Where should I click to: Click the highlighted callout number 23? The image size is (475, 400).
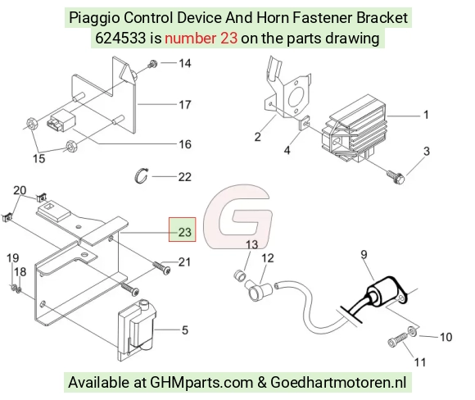[184, 232]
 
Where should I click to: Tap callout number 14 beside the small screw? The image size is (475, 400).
[185, 63]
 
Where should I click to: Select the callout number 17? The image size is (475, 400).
[185, 105]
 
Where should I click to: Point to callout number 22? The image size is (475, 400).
[184, 177]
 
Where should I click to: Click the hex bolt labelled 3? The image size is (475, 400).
[396, 176]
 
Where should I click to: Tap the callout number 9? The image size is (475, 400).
[364, 255]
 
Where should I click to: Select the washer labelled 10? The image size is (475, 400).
[412, 330]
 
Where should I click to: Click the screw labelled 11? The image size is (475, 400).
[398, 339]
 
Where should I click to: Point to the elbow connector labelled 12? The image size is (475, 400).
[260, 289]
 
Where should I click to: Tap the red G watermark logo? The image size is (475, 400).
[237, 216]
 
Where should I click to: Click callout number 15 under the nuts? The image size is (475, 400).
[38, 158]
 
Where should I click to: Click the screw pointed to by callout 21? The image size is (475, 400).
[161, 268]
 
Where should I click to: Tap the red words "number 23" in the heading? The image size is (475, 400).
[201, 39]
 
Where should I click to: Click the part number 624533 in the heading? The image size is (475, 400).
[120, 39]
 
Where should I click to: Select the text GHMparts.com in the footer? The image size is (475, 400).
[201, 383]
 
